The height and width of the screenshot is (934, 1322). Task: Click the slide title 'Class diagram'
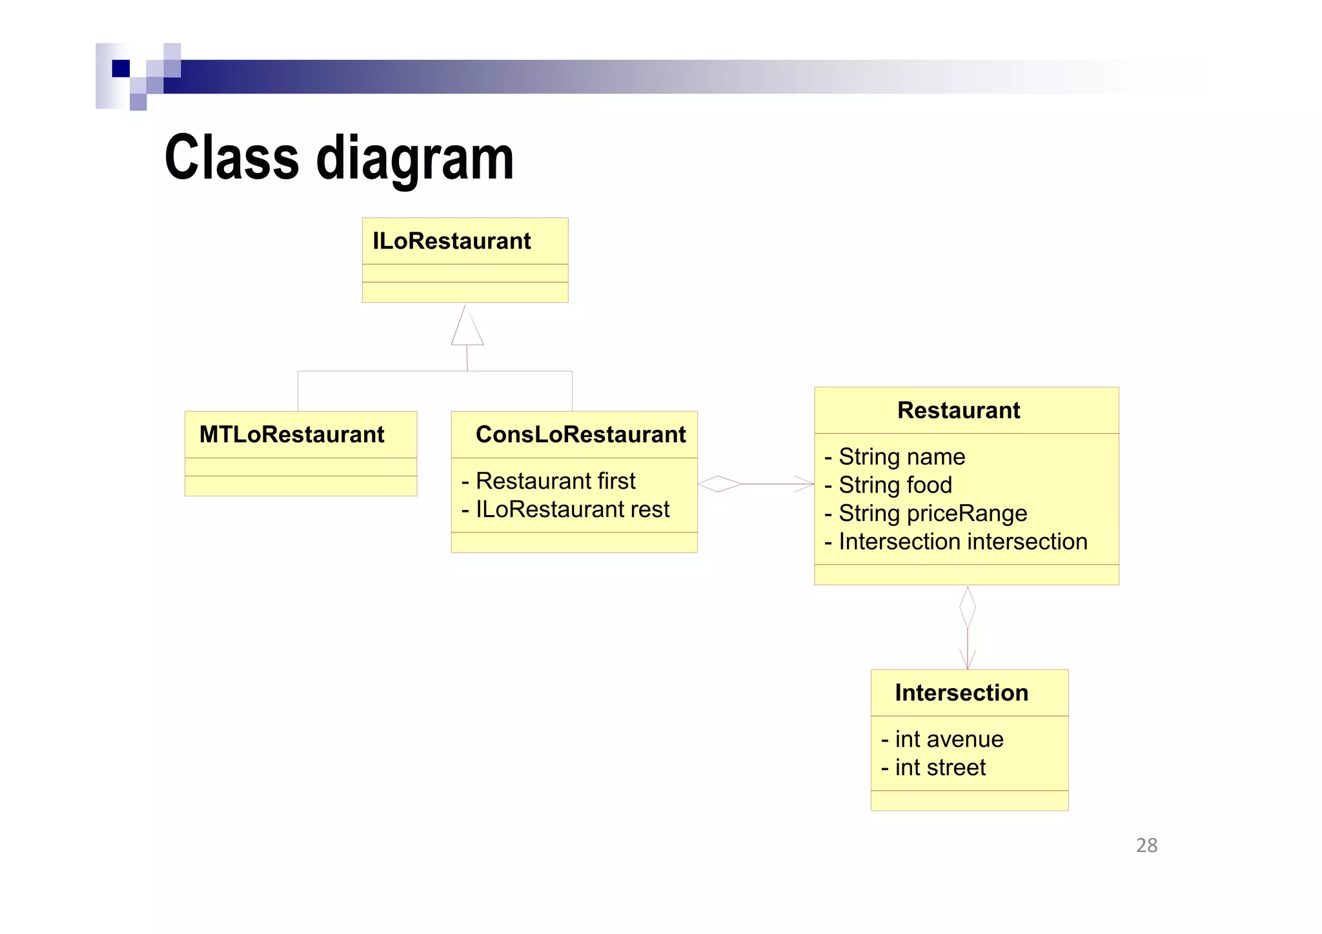(x=339, y=158)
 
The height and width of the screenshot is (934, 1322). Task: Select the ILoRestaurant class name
(x=451, y=241)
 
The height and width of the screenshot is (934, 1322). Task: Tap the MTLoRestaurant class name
(x=292, y=434)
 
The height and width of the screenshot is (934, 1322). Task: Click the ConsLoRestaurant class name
(x=580, y=434)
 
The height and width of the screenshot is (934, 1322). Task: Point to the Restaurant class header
(x=959, y=411)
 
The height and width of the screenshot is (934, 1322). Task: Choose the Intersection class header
(x=961, y=693)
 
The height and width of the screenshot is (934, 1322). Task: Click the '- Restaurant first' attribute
(x=549, y=481)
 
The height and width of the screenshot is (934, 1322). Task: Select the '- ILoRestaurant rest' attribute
(x=565, y=509)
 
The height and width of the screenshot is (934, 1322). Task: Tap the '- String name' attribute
(x=895, y=457)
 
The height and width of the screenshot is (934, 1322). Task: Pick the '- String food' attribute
(x=888, y=485)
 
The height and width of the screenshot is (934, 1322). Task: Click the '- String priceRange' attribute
(x=926, y=514)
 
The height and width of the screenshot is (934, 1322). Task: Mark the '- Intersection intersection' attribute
(x=956, y=542)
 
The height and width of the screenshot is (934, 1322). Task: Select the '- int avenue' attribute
(x=942, y=739)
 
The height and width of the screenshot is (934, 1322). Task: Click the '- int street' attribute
(x=933, y=767)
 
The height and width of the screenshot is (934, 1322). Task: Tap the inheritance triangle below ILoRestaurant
(x=467, y=329)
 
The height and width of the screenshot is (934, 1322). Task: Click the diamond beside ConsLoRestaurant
(x=719, y=483)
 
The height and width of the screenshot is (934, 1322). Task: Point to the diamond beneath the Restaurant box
(x=967, y=607)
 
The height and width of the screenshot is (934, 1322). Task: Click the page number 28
(x=1146, y=846)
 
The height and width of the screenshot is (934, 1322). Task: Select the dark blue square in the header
(x=121, y=68)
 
